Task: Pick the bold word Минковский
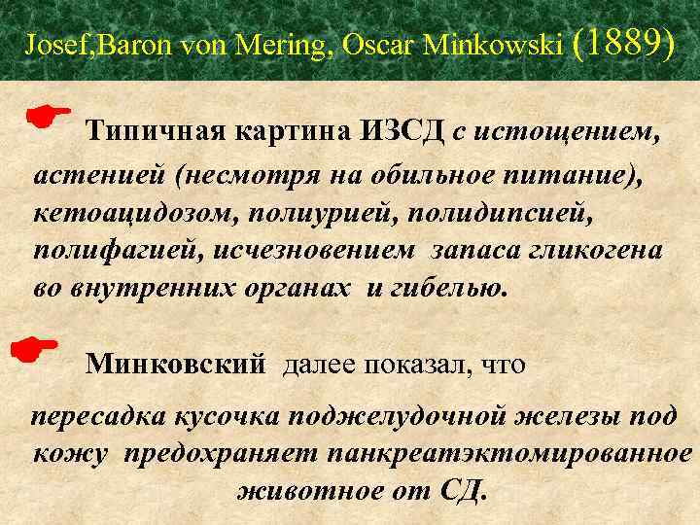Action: pyautogui.click(x=175, y=365)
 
